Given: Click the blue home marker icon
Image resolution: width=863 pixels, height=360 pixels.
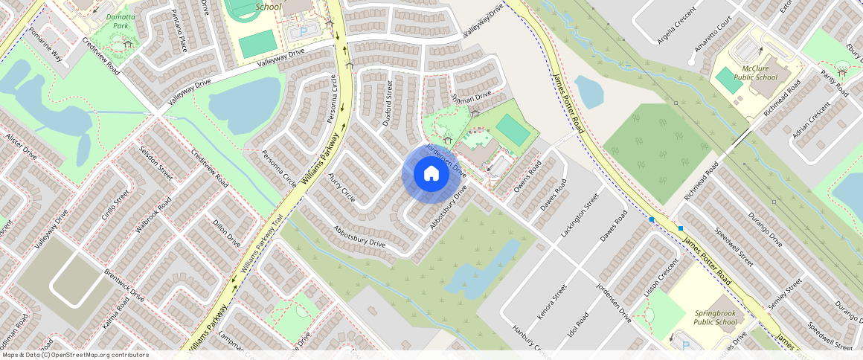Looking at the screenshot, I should click(x=431, y=174).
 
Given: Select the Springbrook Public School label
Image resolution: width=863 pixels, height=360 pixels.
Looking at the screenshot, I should click(x=715, y=318).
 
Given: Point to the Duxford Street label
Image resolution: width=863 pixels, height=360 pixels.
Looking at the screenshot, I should click(x=387, y=103).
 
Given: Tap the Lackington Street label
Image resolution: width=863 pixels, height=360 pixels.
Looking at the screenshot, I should click(x=580, y=217).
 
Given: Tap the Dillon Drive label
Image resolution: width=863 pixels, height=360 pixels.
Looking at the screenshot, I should click(x=227, y=232).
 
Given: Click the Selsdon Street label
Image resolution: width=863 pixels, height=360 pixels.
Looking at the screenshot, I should click(x=155, y=163).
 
